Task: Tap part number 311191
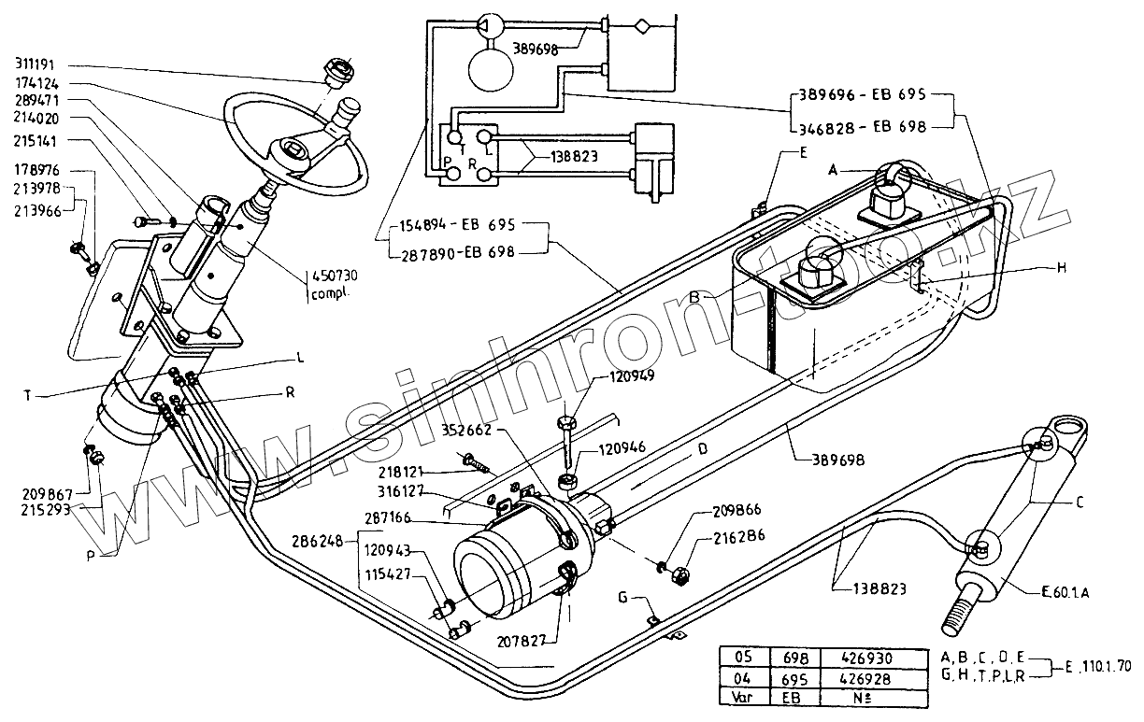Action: (x=36, y=64)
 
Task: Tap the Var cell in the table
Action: (x=743, y=697)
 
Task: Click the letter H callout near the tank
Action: (x=1061, y=267)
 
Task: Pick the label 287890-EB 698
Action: (x=457, y=253)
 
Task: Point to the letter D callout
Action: (x=703, y=448)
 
